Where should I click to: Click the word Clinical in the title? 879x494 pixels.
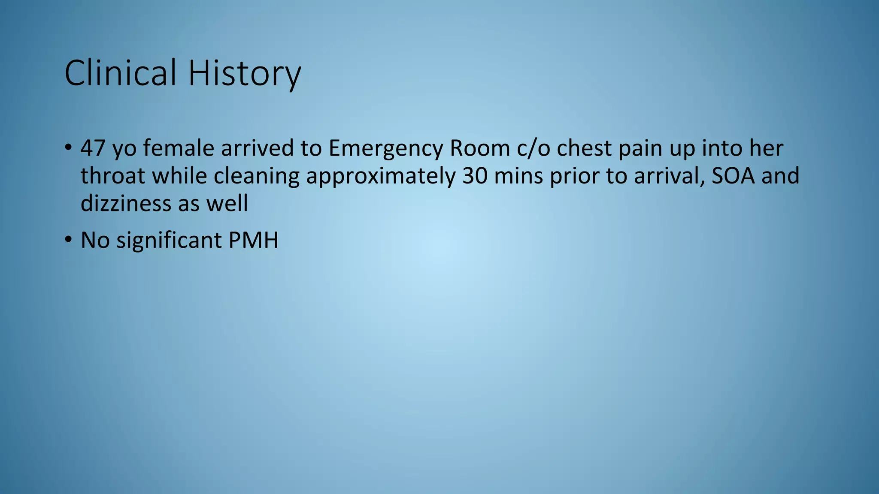120,73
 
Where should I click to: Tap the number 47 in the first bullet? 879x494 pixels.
93,148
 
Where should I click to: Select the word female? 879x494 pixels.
179,148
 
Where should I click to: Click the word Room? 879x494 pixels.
480,148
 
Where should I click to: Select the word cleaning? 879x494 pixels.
256,176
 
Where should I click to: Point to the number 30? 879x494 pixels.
475,176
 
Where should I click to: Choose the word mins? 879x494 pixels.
518,176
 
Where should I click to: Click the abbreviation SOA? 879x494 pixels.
733,176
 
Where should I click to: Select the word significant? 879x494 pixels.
169,241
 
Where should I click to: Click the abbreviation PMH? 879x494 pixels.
253,240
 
